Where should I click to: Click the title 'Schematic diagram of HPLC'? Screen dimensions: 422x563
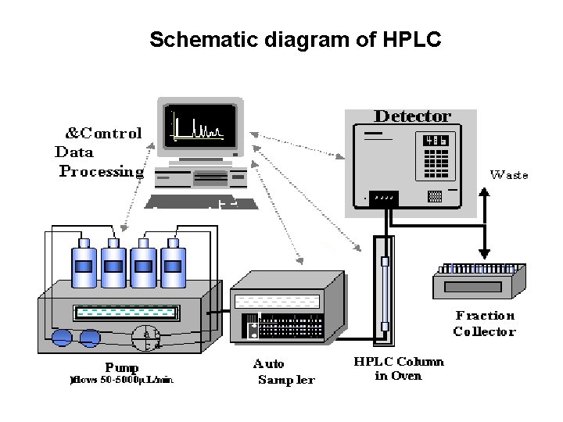295,39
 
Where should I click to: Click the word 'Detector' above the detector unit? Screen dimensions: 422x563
412,116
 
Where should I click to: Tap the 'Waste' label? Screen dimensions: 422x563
509,175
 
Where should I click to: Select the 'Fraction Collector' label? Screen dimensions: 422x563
484,324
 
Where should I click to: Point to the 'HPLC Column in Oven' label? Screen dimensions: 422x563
399,369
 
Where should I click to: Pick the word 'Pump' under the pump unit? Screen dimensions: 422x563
122,367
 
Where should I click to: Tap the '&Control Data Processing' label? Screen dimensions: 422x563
100,152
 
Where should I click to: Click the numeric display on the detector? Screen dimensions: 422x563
436,141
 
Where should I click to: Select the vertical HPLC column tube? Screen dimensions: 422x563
384,294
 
